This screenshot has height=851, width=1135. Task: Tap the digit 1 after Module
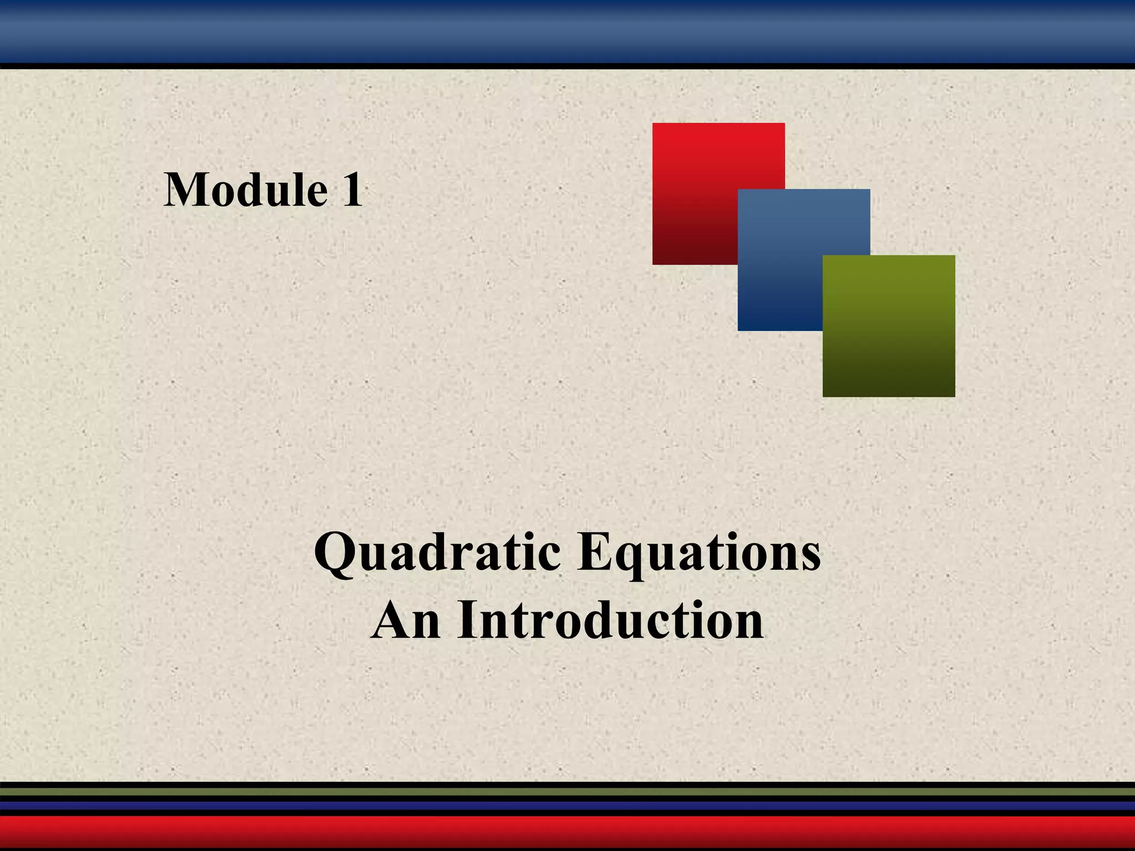coord(351,190)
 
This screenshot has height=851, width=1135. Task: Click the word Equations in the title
coord(698,554)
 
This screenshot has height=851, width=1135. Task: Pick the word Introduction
coord(610,621)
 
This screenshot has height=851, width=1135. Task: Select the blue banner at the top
coord(567,31)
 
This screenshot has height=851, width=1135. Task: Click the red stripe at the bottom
coord(567,832)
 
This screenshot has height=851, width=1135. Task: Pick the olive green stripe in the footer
coord(567,792)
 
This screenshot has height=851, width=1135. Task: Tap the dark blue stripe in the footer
coord(567,806)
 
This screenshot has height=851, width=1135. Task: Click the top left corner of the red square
coord(653,124)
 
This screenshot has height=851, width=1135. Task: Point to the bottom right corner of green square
coord(954,396)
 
